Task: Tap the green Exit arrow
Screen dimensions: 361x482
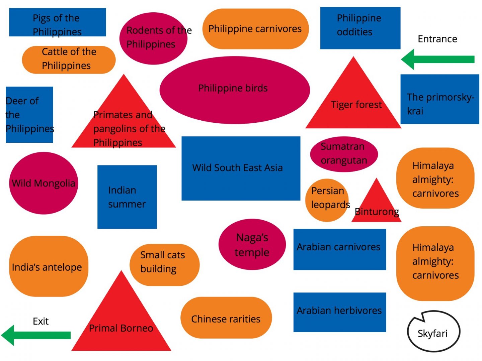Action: pos(37,335)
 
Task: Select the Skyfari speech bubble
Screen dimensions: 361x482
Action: pos(433,332)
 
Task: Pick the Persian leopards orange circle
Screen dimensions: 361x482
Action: pos(327,200)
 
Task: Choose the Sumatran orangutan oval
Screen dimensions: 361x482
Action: pos(344,154)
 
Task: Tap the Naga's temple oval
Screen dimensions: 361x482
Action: pos(252,244)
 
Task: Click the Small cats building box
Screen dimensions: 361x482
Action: pos(164,265)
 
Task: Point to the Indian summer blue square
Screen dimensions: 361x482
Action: pos(127,197)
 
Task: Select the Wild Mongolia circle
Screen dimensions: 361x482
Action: pos(44,183)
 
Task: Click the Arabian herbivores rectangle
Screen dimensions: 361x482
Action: pos(339,312)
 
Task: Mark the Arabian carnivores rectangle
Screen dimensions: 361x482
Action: pos(339,249)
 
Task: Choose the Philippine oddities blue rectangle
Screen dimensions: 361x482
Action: pos(360,28)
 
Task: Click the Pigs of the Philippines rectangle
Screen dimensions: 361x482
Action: pos(57,22)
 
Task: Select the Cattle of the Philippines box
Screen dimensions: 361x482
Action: pos(69,59)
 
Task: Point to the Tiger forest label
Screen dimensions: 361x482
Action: pos(356,105)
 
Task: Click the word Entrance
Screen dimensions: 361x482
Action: pos(437,39)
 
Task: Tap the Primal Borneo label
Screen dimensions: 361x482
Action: pos(121,328)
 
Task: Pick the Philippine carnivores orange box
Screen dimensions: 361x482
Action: pos(255,29)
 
